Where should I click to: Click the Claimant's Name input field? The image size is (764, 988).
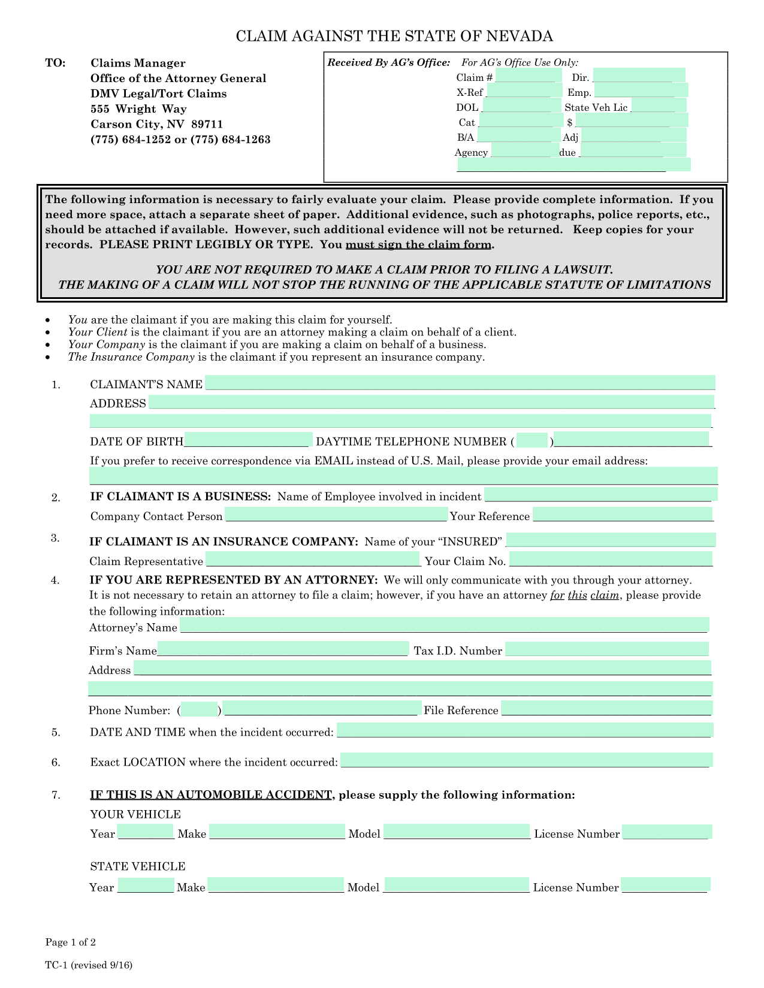pyautogui.click(x=460, y=383)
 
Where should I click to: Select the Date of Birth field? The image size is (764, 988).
pyautogui.click(x=248, y=440)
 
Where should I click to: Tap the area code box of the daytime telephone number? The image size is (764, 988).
pyautogui.click(x=532, y=440)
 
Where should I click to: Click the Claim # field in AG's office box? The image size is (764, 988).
pyautogui.click(x=528, y=75)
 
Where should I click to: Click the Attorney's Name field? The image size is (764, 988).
pyautogui.click(x=444, y=626)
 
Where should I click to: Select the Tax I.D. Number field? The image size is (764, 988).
pyautogui.click(x=606, y=649)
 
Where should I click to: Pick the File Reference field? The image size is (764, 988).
pyautogui.click(x=606, y=708)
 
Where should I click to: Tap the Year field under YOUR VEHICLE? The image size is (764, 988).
pyautogui.click(x=146, y=832)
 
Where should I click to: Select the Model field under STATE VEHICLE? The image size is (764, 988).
pyautogui.click(x=457, y=885)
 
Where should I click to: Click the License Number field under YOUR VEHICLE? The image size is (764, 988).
pyautogui.click(x=666, y=832)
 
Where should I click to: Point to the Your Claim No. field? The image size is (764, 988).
pyautogui.click(x=611, y=560)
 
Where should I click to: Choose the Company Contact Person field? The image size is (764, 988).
pyautogui.click(x=336, y=515)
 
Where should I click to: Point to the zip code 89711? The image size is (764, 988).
pyautogui.click(x=207, y=125)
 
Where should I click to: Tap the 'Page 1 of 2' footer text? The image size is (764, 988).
pyautogui.click(x=71, y=942)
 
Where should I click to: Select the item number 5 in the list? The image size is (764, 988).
pyautogui.click(x=56, y=732)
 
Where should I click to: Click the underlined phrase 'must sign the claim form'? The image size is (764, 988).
pyautogui.click(x=419, y=245)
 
